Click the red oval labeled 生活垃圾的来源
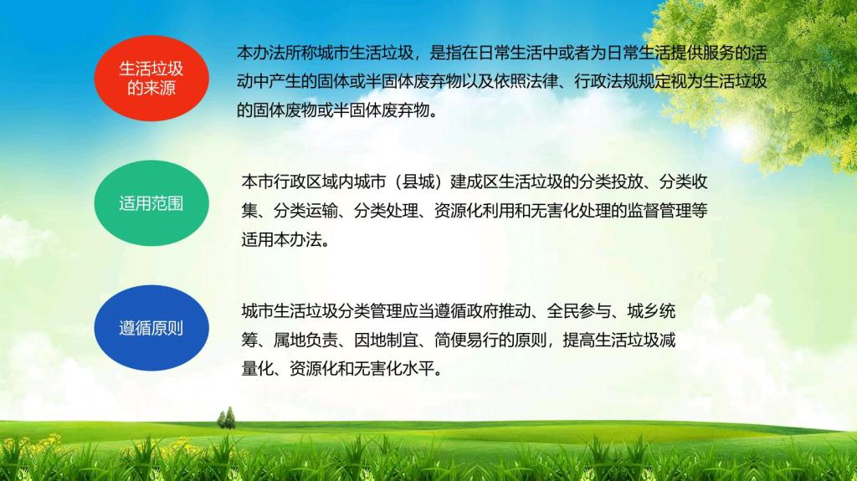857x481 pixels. pyautogui.click(x=151, y=78)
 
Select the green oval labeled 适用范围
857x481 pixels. pyautogui.click(x=151, y=202)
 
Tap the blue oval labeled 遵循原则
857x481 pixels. pyautogui.click(x=151, y=328)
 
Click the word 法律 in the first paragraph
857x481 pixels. pyautogui.click(x=541, y=81)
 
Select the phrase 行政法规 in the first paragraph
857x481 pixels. pyautogui.click(x=606, y=81)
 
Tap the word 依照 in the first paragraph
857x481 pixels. pyautogui.click(x=510, y=81)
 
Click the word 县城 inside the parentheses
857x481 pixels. pyautogui.click(x=418, y=182)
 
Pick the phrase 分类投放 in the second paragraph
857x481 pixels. pyautogui.click(x=611, y=182)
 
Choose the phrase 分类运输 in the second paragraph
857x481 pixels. pyautogui.click(x=305, y=211)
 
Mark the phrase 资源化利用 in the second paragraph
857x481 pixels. pyautogui.click(x=475, y=211)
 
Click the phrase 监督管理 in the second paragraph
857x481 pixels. pyautogui.click(x=659, y=211)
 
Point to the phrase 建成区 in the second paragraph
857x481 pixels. pyautogui.click(x=475, y=182)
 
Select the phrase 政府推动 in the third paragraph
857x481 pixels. pyautogui.click(x=499, y=311)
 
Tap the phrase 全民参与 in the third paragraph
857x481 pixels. pyautogui.click(x=579, y=311)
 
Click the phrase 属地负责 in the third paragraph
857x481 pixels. pyautogui.click(x=305, y=340)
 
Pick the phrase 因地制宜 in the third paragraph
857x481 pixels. pyautogui.click(x=386, y=340)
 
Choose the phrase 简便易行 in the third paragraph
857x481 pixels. pyautogui.click(x=466, y=340)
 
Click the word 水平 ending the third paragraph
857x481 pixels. pyautogui.click(x=418, y=369)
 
